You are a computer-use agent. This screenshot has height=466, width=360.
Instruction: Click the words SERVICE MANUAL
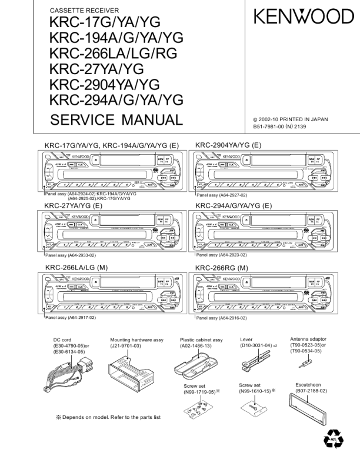pos(117,120)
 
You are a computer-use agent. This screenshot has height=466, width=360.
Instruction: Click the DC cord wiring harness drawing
pos(65,376)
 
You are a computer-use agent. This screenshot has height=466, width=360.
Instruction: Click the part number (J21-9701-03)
pos(128,347)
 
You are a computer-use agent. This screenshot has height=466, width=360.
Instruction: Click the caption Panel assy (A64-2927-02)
pos(221,195)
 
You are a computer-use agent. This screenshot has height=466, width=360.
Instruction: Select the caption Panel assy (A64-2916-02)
pos(221,318)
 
